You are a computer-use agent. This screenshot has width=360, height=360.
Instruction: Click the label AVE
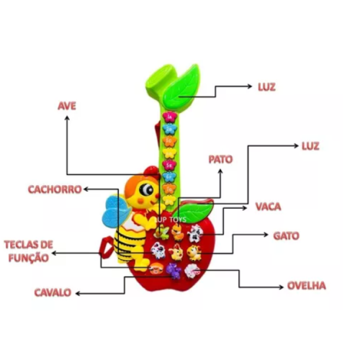pyautogui.click(x=67, y=106)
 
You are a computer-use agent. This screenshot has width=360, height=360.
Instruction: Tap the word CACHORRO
pyautogui.click(x=55, y=189)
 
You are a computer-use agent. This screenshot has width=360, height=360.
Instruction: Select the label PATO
pyautogui.click(x=220, y=159)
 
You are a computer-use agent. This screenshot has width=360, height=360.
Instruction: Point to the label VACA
pyautogui.click(x=268, y=207)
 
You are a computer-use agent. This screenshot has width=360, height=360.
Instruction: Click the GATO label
pyautogui.click(x=287, y=236)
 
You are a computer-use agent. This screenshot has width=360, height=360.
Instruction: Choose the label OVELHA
pyautogui.click(x=307, y=286)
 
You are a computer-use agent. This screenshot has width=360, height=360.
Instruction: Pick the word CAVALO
pyautogui.click(x=53, y=292)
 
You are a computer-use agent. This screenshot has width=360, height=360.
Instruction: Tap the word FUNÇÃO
pyautogui.click(x=29, y=258)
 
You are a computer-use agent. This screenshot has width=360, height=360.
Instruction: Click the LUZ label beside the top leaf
pyautogui.click(x=266, y=87)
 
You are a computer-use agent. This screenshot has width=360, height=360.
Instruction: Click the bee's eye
pyautogui.click(x=145, y=189)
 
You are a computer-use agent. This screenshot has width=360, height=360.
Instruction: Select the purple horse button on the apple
pyautogui.click(x=174, y=271)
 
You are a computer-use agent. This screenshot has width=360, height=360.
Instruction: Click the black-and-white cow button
pyautogui.click(x=195, y=233)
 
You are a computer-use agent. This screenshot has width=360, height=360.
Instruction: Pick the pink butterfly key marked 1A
pyautogui.click(x=170, y=117)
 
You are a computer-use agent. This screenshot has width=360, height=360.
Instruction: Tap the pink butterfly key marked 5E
pyautogui.click(x=170, y=165)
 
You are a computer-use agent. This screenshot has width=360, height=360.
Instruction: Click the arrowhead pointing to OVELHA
pyautogui.click(x=282, y=287)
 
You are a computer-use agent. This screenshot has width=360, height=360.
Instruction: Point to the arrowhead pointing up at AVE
pyautogui.click(x=67, y=118)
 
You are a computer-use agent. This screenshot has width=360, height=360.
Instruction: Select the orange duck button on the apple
pyautogui.click(x=178, y=232)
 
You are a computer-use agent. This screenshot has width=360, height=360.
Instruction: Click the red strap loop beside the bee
pyautogui.click(x=106, y=247)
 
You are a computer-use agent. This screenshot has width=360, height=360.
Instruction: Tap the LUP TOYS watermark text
pyautogui.click(x=171, y=220)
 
